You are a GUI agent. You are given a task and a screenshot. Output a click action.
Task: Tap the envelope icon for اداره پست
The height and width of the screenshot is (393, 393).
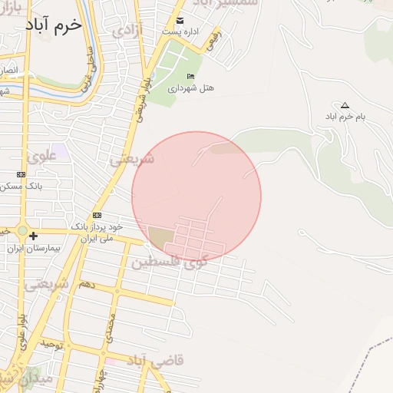click(x=180, y=20)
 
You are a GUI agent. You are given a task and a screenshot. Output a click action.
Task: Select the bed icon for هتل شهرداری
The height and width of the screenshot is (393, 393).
click(x=190, y=76)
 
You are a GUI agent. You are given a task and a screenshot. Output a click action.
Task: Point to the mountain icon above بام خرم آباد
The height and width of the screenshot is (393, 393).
click(x=345, y=105)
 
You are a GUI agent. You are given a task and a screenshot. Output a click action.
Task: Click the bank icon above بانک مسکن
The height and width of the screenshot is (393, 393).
click(x=21, y=174)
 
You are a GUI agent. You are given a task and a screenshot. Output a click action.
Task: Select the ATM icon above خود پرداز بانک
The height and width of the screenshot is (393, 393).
click(x=97, y=215)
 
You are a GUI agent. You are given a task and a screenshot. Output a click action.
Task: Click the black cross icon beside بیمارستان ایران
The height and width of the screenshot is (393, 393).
click(x=33, y=236)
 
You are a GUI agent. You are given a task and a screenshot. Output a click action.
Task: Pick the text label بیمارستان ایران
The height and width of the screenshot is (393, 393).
click(x=31, y=249)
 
